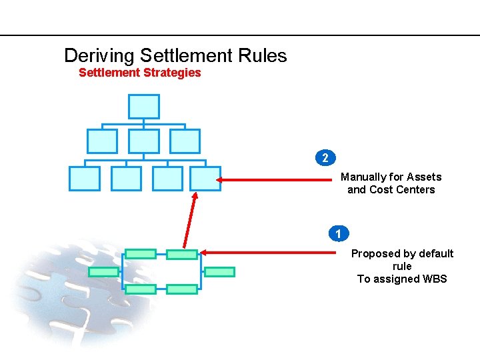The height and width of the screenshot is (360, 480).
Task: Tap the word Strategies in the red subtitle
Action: click(x=170, y=73)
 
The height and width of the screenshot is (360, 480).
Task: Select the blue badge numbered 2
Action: click(x=325, y=158)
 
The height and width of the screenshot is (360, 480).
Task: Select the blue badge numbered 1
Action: click(x=339, y=234)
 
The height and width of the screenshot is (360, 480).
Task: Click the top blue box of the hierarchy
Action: click(x=143, y=107)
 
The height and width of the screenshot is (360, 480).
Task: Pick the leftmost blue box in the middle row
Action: click(x=102, y=141)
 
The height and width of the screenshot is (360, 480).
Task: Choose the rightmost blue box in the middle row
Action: click(x=185, y=141)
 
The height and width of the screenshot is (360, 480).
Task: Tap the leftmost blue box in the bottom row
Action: click(x=85, y=179)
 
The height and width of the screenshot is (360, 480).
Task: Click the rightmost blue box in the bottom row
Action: click(x=205, y=179)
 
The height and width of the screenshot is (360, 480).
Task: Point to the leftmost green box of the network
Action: click(x=103, y=272)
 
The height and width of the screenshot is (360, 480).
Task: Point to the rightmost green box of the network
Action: click(x=219, y=272)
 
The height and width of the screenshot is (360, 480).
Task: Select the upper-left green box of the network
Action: click(x=141, y=254)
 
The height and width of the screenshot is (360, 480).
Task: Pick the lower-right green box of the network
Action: click(x=182, y=289)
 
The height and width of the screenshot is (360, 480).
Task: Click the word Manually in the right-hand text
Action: click(x=364, y=177)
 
